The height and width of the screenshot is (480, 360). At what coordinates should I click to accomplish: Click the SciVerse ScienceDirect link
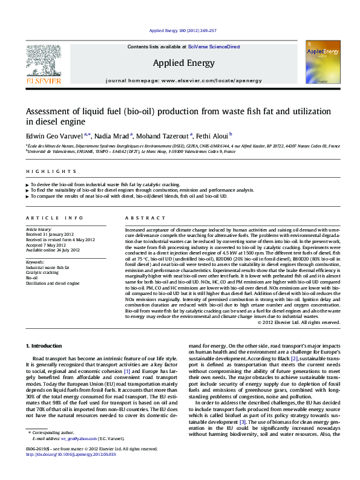(x=214, y=47)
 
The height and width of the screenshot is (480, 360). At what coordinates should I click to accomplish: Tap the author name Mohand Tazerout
(x=166, y=137)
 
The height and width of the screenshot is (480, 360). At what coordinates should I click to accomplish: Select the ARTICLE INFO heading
(x=54, y=218)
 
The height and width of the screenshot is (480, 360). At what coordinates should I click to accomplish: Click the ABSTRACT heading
(x=142, y=218)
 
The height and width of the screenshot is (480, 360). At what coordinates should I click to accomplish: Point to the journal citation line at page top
(x=178, y=30)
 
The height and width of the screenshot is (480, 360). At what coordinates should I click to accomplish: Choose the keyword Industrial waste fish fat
(x=48, y=267)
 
